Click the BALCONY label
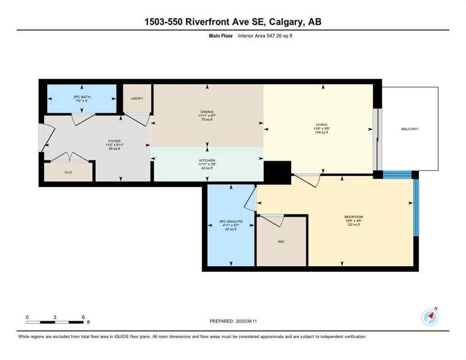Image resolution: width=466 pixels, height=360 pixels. pos(409,129)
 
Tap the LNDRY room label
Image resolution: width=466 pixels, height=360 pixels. pos(137,98)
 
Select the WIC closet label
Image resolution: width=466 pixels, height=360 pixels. pos(281,242)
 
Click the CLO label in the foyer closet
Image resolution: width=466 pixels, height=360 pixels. pos(68,172)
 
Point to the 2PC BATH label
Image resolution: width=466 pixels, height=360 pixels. pos(82,97)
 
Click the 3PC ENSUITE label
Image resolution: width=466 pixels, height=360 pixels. pos(231,222)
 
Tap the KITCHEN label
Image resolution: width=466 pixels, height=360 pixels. pos(206,160)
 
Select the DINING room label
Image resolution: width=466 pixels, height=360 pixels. pos(206,112)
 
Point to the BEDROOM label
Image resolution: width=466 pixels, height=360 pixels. pos(353,217)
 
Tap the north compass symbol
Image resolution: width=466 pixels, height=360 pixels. pos(430,317)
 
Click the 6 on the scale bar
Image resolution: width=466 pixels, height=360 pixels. pos(83,317)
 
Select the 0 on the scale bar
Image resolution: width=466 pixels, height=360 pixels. pos(27,317)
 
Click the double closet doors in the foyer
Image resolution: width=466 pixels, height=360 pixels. pos(69,157)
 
